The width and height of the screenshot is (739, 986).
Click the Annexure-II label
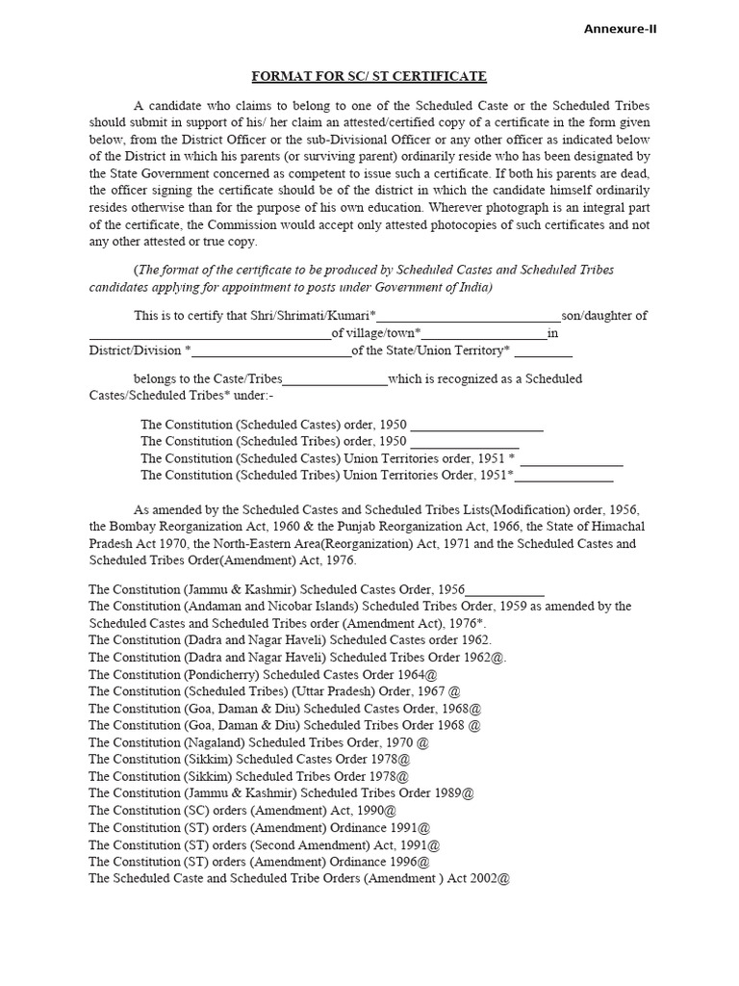621,29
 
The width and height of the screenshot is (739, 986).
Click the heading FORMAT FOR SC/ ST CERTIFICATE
369,76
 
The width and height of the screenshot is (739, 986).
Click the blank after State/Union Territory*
543,350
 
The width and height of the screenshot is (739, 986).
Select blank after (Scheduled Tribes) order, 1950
465,441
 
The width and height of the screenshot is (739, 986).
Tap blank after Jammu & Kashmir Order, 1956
504,589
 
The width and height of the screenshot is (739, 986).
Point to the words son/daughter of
604,316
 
